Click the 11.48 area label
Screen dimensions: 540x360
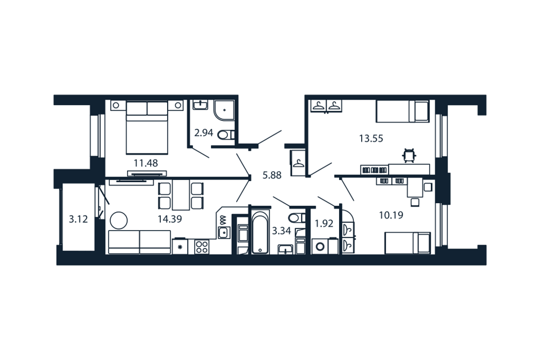pos(146,163)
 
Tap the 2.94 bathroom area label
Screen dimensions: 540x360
pos(204,133)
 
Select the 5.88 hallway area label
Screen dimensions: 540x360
pos(272,175)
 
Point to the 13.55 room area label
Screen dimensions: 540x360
pos(371,138)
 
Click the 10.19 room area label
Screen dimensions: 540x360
pos(391,215)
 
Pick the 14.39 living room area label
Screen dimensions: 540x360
pos(170,219)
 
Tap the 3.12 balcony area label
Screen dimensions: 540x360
pos(79,219)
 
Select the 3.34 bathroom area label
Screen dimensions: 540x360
pos(281,231)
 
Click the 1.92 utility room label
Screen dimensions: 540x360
pos(324,223)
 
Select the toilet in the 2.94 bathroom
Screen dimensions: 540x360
pos(226,134)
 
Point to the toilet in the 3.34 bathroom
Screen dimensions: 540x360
pos(296,218)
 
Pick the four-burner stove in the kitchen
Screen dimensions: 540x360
pos(201,247)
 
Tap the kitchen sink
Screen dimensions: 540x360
pos(224,233)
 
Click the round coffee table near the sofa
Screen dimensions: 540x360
pos(119,220)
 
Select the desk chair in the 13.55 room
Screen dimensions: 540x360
pos(409,155)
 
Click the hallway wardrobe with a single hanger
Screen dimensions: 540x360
pos(298,163)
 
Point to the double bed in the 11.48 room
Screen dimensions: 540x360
pos(147,127)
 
